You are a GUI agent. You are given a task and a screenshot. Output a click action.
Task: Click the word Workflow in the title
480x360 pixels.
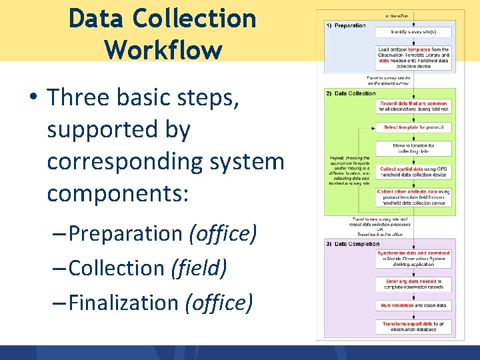coord(163,49)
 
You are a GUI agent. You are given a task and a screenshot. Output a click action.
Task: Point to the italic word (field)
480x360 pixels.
coord(199,268)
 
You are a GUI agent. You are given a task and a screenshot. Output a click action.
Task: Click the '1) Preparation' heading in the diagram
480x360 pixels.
coord(346,25)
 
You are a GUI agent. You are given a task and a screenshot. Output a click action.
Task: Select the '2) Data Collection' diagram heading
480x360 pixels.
coord(351,93)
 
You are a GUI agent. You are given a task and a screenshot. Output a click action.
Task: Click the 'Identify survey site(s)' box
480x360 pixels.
coord(413,31)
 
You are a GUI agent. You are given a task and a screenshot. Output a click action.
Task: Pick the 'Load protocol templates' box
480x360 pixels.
coord(413,57)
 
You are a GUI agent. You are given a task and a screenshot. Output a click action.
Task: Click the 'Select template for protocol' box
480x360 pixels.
coord(413,127)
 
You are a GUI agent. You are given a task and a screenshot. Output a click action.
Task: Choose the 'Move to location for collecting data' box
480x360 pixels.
coord(413,149)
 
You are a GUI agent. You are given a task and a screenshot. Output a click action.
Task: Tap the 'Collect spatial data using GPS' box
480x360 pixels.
coord(413,172)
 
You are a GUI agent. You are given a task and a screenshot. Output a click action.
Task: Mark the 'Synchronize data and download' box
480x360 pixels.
coord(413,258)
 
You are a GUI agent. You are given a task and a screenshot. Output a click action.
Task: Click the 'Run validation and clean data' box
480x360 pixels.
coord(413,305)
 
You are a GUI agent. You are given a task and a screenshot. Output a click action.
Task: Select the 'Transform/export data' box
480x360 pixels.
coord(413,326)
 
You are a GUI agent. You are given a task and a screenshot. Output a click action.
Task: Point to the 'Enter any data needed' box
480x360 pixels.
coord(413,284)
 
